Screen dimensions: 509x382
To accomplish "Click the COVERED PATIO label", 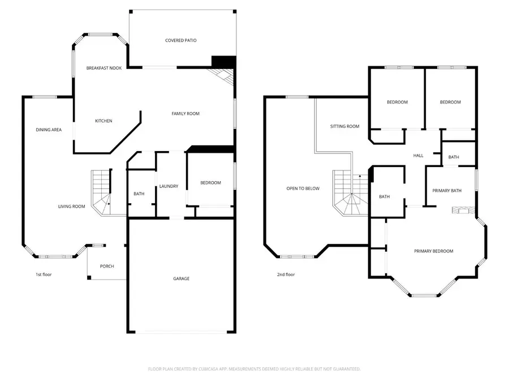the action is [181, 41].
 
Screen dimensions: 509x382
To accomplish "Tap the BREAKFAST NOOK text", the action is [104, 68].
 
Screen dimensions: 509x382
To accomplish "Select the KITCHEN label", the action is [103, 121].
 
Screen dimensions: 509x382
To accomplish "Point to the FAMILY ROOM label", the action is [186, 114].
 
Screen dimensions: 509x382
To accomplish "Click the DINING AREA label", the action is [49, 130].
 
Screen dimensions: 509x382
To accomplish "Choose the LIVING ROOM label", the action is [71, 207].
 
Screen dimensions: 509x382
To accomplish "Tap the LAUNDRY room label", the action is [169, 186].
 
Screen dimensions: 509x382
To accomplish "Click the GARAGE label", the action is [181, 278].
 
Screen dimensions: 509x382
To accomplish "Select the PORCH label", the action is [107, 267].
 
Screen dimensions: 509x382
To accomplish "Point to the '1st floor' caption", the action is [44, 275].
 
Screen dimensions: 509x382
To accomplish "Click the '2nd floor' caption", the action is [286, 275].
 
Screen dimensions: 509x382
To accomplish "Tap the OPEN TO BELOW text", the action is [303, 188].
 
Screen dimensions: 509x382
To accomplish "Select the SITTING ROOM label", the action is [345, 127].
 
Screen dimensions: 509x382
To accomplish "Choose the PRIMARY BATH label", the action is [447, 191].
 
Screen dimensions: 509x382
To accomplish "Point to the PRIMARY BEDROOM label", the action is [433, 251].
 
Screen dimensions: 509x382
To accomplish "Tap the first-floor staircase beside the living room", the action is [101, 192].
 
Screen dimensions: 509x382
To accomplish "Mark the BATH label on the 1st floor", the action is [139, 194].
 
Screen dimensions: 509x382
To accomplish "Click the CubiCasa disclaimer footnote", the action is [254, 369].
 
